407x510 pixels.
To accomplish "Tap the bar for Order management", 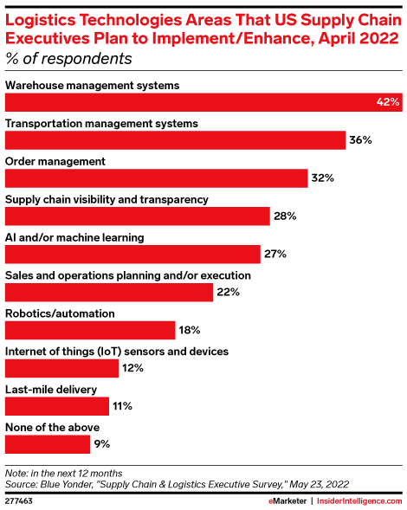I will click(157, 178).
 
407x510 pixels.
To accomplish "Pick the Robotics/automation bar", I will click(91, 330).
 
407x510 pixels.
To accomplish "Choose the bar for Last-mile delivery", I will click(57, 406).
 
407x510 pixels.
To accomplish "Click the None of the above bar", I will click(48, 444).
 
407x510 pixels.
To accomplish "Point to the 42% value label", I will click(387, 102).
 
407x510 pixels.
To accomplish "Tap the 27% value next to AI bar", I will click(275, 255).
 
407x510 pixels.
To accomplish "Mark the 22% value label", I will click(229, 293).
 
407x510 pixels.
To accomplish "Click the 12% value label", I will click(132, 368).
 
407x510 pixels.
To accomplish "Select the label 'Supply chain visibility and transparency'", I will click(107, 199).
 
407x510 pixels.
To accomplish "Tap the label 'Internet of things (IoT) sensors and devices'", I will click(117, 352).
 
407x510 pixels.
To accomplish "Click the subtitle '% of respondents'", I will click(69, 59).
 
